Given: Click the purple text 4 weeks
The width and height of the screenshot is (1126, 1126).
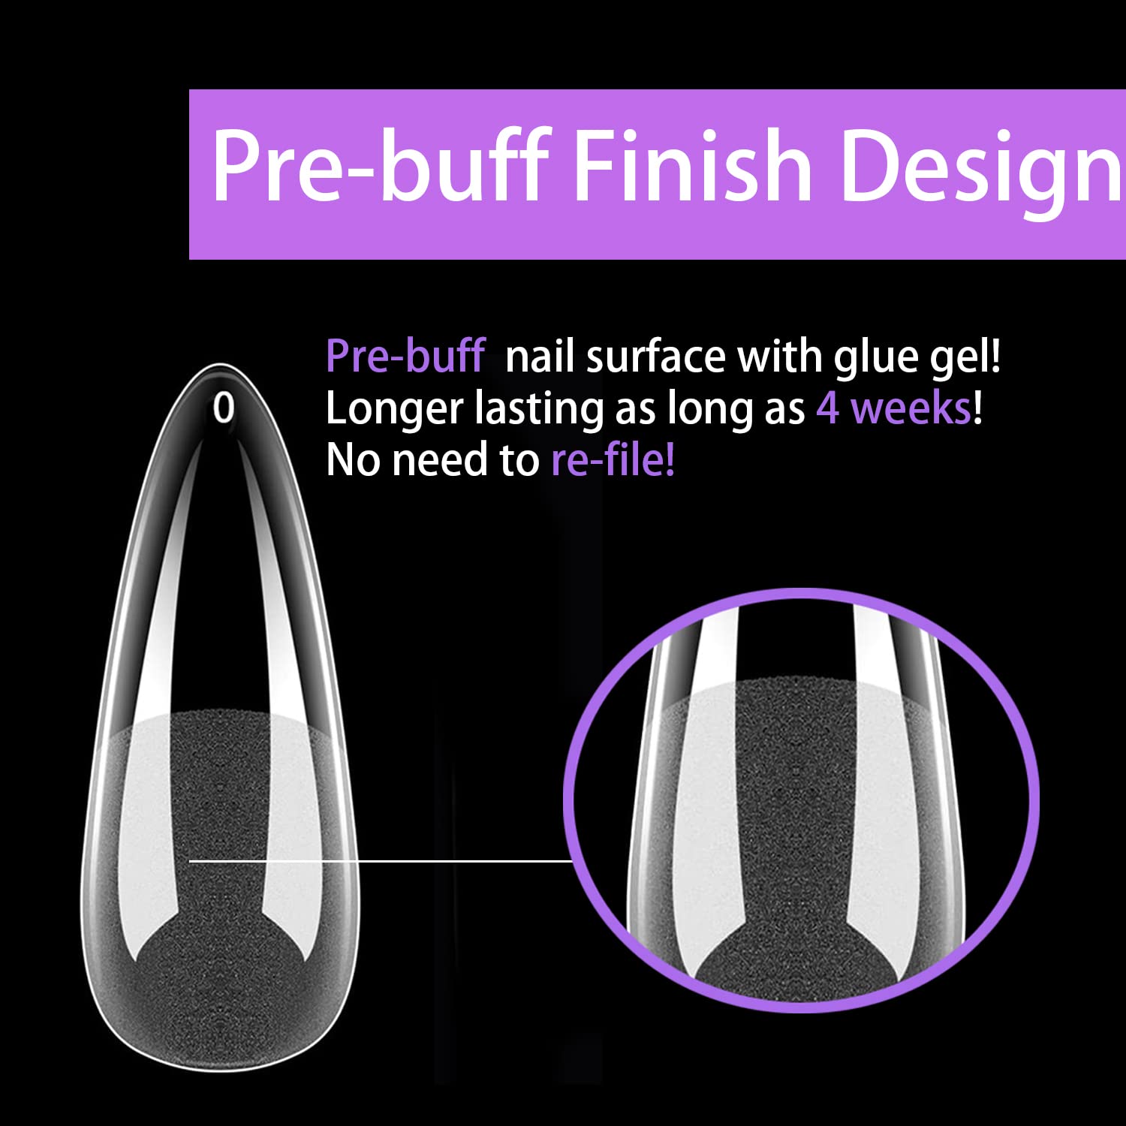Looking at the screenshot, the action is coord(893,409).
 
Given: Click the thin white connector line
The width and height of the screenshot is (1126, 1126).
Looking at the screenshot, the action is coord(381,861).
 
